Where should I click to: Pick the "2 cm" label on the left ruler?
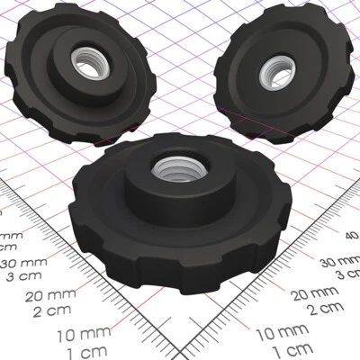click(49, 311)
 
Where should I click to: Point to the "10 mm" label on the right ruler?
click(280, 333)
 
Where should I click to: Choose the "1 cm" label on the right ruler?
click(292, 348)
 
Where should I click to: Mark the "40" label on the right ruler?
click(352, 235)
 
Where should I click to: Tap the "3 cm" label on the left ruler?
click(18, 276)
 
